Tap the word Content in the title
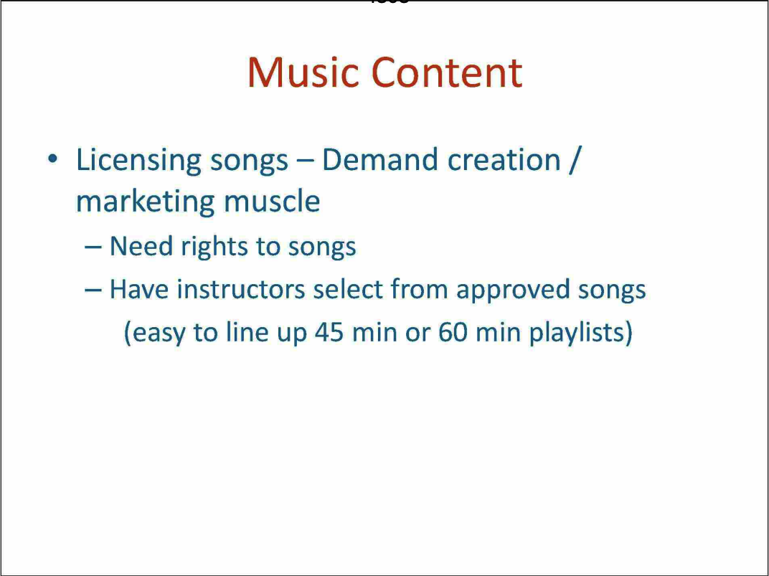pyautogui.click(x=447, y=72)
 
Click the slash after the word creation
pyautogui.click(x=572, y=160)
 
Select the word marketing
pyautogui.click(x=145, y=202)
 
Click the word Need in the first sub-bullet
pyautogui.click(x=141, y=246)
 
